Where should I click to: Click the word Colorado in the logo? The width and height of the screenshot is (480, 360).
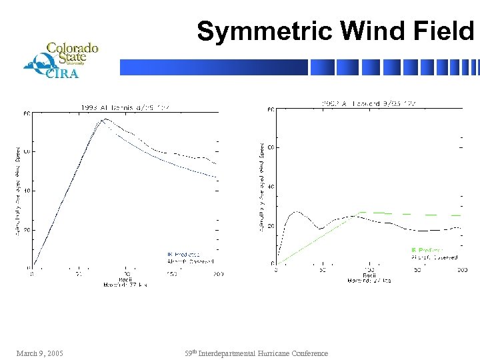pyautogui.click(x=72, y=48)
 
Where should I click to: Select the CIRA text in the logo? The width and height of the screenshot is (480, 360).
pyautogui.click(x=62, y=73)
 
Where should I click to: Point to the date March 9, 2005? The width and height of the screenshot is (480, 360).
pyautogui.click(x=40, y=353)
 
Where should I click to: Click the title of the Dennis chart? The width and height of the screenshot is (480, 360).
pyautogui.click(x=127, y=106)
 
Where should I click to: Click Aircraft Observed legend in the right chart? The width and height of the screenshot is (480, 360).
pyautogui.click(x=434, y=257)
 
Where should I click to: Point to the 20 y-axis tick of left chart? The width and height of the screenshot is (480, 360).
pyautogui.click(x=27, y=229)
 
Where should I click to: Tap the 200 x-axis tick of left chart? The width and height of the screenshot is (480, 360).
pyautogui.click(x=217, y=274)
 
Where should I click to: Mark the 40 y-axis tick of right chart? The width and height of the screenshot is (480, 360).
pyautogui.click(x=271, y=187)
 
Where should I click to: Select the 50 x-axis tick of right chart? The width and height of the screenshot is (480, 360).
pyautogui.click(x=323, y=270)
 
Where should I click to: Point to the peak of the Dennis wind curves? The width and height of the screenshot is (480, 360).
pyautogui.click(x=105, y=120)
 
